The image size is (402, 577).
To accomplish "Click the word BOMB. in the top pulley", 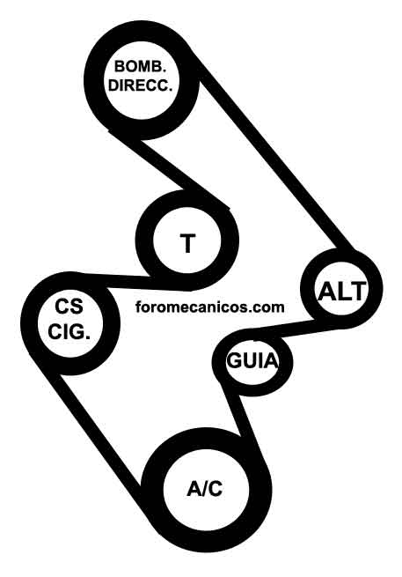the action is click(x=140, y=67).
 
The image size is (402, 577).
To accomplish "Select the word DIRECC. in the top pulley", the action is click(x=141, y=85).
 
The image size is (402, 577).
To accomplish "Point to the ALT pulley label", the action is click(x=342, y=292).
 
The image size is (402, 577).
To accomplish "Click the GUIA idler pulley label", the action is click(x=252, y=360).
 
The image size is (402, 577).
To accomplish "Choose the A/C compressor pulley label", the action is click(x=205, y=489).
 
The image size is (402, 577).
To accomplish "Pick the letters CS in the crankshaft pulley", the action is click(x=69, y=307).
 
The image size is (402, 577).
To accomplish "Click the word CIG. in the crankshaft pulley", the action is click(x=69, y=332).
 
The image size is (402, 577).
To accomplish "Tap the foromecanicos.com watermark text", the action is click(x=210, y=307).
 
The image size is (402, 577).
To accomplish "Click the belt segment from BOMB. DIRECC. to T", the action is click(x=169, y=169).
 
